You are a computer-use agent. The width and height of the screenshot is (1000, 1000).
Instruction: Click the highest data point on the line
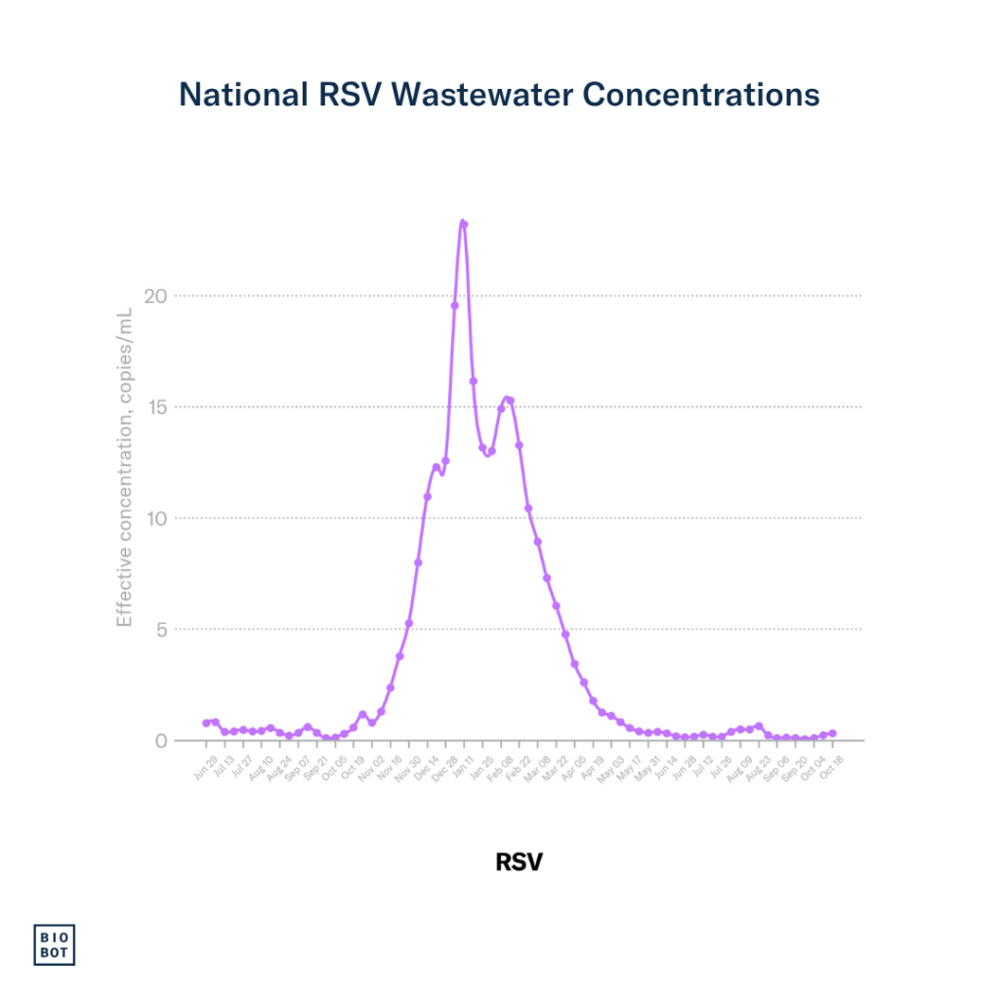pos(464,224)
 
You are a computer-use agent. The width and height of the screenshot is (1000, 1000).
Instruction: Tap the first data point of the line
pos(206,723)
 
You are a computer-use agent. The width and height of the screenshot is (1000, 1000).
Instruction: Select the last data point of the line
pos(832,732)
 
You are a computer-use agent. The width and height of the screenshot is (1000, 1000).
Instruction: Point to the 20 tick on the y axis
pos(155,296)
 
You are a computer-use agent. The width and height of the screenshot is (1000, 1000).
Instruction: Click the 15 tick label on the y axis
pos(156,407)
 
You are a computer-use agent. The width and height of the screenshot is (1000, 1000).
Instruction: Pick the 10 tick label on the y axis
pos(155,519)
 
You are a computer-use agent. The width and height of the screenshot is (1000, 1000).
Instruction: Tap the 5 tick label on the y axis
pos(162,630)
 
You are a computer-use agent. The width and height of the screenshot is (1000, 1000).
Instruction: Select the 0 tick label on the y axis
pos(162,740)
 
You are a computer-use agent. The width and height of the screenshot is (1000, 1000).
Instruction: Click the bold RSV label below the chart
pos(519,862)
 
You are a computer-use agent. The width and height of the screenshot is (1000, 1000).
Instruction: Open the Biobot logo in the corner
pos(55,944)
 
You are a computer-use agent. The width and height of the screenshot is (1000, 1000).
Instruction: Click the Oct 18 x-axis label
pos(831,768)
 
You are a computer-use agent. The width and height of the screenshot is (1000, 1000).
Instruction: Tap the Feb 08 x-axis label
pos(501,768)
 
